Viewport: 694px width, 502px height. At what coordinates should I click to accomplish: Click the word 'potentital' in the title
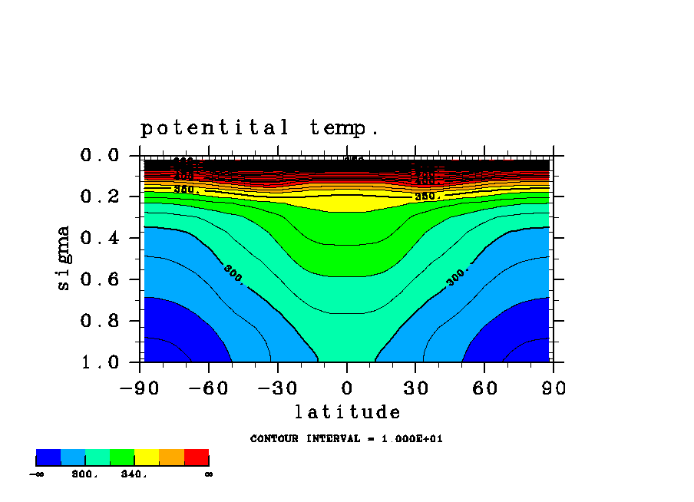click(x=215, y=127)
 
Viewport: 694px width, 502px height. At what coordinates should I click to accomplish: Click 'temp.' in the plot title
click(x=345, y=127)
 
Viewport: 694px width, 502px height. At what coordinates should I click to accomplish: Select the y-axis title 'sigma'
click(x=63, y=257)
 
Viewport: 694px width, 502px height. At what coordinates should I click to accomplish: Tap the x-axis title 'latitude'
click(x=348, y=412)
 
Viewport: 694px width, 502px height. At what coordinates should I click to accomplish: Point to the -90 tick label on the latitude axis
click(x=140, y=388)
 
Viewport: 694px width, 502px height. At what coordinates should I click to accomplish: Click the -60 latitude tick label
click(x=209, y=388)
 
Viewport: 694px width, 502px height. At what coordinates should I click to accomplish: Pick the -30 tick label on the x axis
click(x=278, y=388)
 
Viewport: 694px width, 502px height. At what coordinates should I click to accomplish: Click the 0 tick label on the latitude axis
click(x=347, y=388)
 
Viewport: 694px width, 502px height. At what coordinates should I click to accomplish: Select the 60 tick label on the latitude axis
click(x=484, y=388)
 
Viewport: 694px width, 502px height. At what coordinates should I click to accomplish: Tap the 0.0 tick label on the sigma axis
click(x=101, y=155)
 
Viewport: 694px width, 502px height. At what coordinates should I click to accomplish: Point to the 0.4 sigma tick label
click(x=101, y=238)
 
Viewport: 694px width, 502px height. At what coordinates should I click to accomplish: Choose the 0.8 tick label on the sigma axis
click(x=101, y=321)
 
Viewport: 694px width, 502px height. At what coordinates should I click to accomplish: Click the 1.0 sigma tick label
click(x=101, y=362)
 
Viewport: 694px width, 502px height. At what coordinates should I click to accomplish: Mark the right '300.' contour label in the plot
click(x=458, y=276)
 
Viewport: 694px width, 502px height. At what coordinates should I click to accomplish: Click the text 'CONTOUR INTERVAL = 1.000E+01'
click(x=346, y=439)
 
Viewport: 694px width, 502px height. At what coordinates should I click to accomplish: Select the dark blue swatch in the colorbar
click(x=48, y=457)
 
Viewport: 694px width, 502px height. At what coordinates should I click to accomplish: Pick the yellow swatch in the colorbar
click(x=147, y=457)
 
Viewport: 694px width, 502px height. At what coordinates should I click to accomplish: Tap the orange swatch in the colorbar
click(x=171, y=457)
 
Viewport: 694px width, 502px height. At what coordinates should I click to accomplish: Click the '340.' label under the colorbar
click(x=133, y=474)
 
